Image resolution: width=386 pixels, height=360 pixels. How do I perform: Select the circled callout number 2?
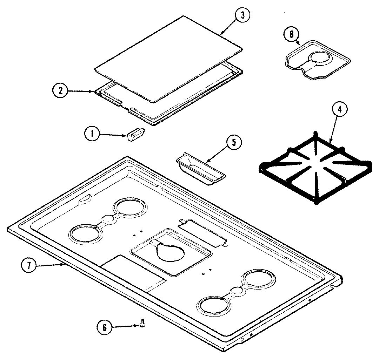click(60, 90)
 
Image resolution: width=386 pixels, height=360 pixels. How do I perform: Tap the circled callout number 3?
click(243, 16)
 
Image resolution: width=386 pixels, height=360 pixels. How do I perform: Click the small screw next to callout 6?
click(142, 323)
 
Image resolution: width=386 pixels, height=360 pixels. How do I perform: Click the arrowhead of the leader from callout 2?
click(94, 92)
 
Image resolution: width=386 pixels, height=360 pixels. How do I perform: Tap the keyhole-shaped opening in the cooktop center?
click(171, 251)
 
